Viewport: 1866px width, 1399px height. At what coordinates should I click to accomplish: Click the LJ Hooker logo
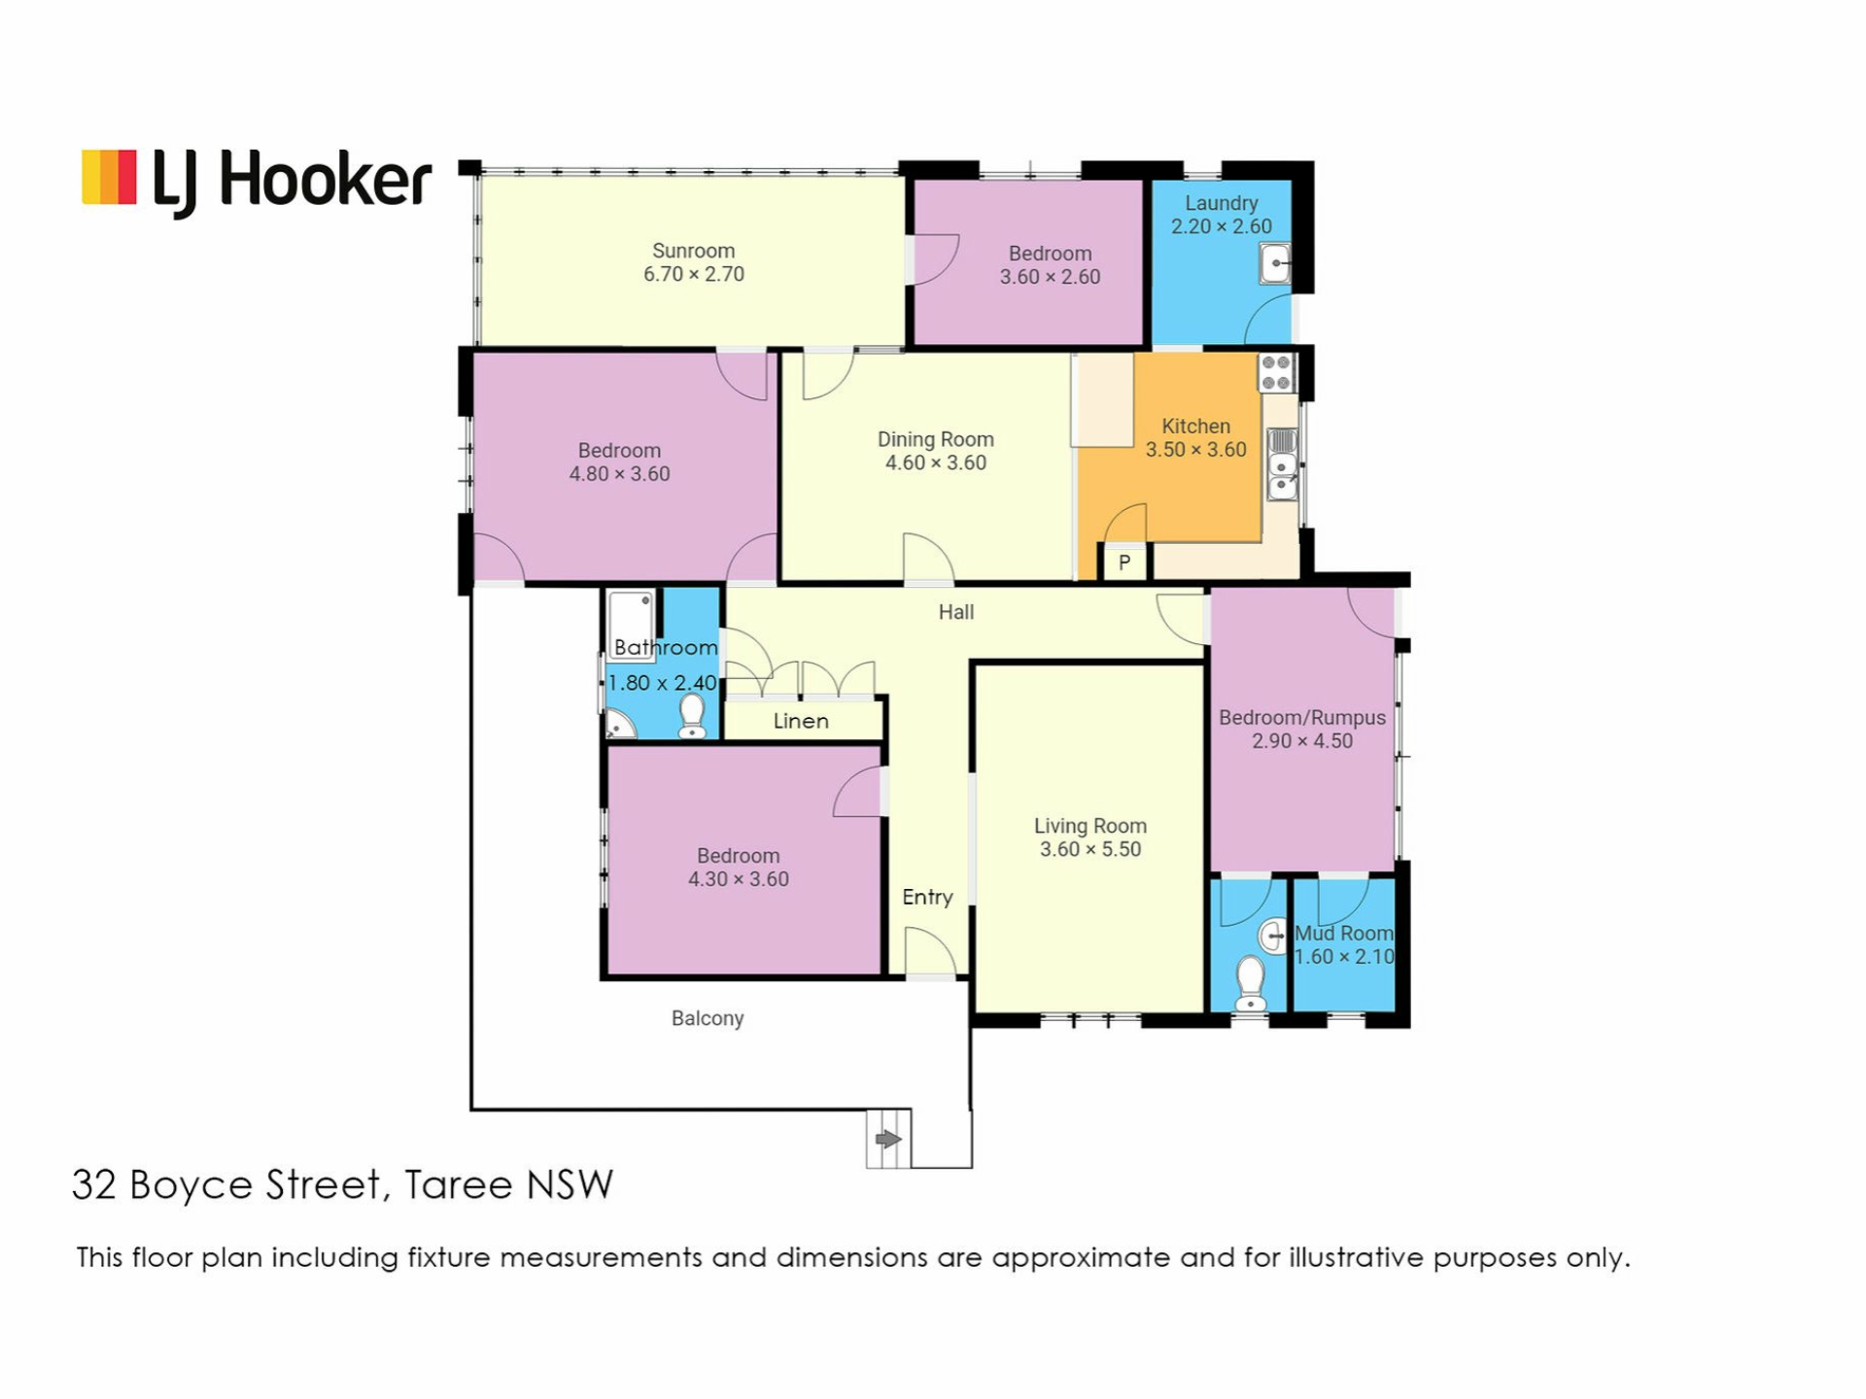(257, 182)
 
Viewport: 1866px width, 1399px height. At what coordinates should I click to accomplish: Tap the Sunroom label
(693, 251)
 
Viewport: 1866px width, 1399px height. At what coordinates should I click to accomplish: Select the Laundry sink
(1275, 263)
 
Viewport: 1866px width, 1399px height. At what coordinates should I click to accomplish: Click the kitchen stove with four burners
(1276, 372)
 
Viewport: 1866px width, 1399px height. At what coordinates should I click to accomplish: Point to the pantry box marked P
(1124, 563)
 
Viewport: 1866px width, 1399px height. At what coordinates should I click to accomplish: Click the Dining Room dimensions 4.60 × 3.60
(935, 463)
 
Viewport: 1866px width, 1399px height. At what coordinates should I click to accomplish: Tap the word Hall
(956, 612)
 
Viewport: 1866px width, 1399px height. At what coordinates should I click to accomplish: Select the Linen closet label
(801, 721)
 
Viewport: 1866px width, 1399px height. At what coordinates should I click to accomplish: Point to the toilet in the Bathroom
(692, 717)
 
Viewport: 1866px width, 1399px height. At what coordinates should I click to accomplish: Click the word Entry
(927, 898)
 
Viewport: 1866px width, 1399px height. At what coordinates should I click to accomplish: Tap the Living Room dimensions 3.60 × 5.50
(1090, 849)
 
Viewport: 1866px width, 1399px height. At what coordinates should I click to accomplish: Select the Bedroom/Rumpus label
(1302, 718)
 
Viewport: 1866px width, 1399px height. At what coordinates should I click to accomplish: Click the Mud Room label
(1344, 934)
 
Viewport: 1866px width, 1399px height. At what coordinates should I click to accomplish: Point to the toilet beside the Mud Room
(1250, 984)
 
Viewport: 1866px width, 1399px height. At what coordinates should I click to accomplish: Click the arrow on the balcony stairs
(888, 1140)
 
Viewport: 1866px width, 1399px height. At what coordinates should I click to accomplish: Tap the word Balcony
(708, 1018)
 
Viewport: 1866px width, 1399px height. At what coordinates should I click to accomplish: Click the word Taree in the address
(459, 1185)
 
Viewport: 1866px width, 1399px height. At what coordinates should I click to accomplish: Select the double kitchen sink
(1282, 464)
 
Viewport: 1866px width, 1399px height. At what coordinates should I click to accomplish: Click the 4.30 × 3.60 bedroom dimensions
(739, 879)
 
